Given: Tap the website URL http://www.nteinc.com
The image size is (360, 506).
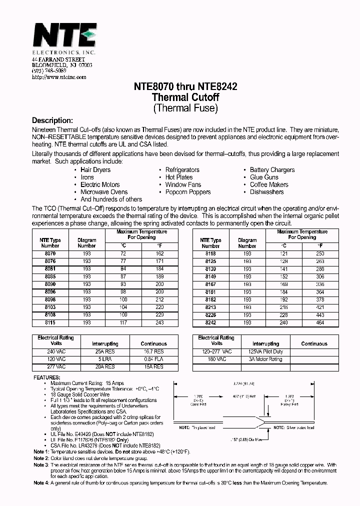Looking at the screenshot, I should [x=59, y=77].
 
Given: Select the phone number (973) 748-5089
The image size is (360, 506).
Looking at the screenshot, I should [x=48, y=71].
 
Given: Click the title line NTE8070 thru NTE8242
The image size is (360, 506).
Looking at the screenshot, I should [x=185, y=86].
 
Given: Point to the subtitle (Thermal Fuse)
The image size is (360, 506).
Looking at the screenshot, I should [x=185, y=107].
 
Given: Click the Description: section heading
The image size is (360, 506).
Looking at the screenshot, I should [x=52, y=120].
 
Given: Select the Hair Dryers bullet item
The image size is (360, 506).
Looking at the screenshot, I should [x=95, y=170].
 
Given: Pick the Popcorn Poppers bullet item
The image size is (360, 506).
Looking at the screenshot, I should [x=188, y=192].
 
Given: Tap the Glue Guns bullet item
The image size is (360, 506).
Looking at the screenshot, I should [x=264, y=177].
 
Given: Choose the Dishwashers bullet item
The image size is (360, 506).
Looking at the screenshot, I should [x=266, y=192].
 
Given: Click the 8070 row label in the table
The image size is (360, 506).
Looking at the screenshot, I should [x=50, y=254].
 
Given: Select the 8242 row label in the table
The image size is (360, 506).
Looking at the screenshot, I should [x=210, y=323].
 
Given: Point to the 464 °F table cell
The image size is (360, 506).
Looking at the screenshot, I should [x=320, y=323].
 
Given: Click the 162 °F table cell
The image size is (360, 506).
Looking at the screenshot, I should [x=159, y=254].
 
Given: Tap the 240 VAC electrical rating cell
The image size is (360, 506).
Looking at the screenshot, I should [x=55, y=352].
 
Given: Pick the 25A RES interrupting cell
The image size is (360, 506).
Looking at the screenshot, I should [x=104, y=352].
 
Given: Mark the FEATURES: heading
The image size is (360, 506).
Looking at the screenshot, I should [x=48, y=377].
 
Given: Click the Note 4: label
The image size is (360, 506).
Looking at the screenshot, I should [x=41, y=483].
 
